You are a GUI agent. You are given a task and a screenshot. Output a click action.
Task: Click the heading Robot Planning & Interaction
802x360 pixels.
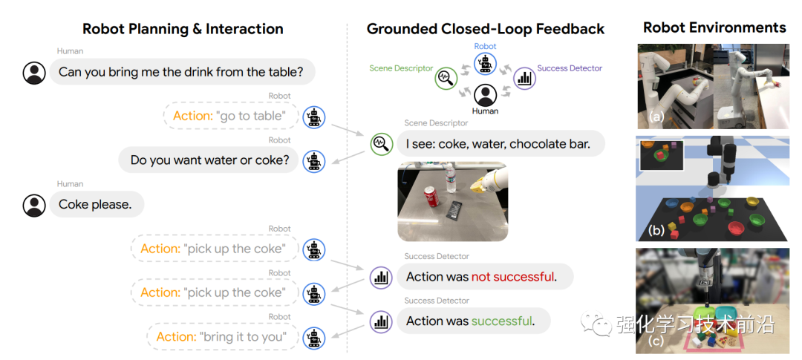183,29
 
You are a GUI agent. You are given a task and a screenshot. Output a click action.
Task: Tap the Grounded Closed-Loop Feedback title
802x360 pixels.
486,29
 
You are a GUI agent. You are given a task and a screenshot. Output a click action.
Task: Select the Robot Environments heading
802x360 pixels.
714,27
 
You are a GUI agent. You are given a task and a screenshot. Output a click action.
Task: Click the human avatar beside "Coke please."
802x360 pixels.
34,205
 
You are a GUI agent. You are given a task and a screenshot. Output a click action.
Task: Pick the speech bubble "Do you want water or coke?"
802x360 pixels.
209,160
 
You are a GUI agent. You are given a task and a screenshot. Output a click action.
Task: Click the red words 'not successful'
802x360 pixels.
512,277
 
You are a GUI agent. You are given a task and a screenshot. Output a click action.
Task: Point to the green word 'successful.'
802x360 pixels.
502,321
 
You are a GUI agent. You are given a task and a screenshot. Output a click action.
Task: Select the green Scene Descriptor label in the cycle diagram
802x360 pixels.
401,68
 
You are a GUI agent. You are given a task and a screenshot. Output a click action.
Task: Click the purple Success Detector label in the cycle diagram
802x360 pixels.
570,68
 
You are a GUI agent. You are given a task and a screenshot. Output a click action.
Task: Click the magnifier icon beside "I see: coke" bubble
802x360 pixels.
381,143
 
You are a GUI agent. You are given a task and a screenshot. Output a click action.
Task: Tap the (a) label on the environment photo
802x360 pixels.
655,117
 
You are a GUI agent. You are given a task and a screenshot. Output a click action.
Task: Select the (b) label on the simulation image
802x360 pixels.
656,230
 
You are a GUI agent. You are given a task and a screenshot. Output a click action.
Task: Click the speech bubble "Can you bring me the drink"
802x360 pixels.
182,72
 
